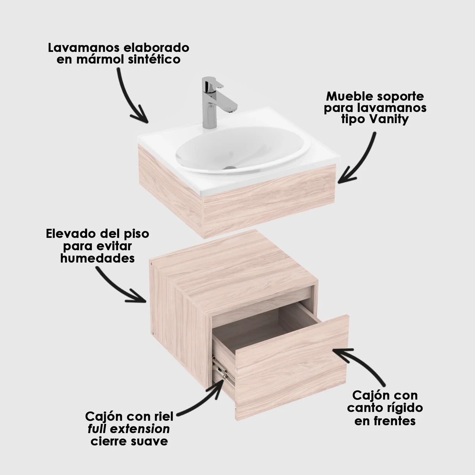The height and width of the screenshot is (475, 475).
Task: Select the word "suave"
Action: [x=150, y=441]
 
